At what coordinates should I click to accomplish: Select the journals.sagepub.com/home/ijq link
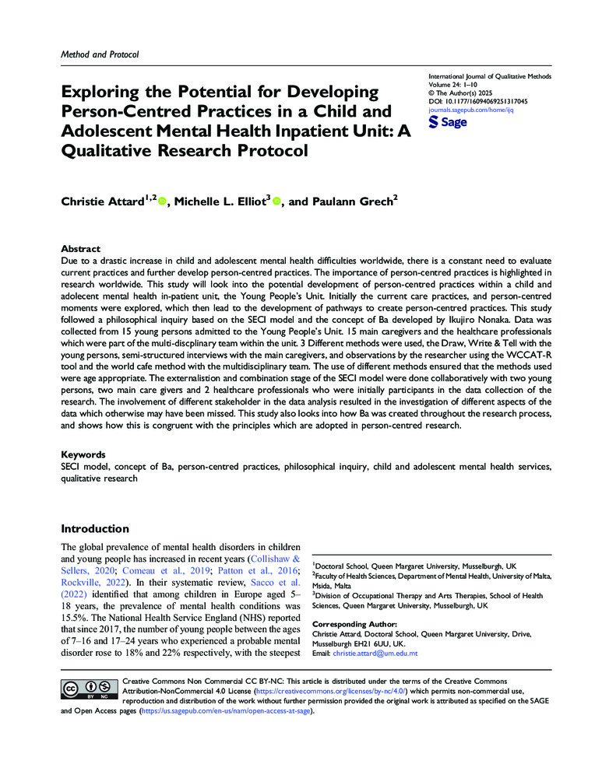(x=471, y=110)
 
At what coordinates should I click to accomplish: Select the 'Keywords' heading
(x=85, y=453)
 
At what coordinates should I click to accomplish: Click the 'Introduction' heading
(x=95, y=528)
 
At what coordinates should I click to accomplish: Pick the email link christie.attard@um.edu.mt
(x=375, y=654)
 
